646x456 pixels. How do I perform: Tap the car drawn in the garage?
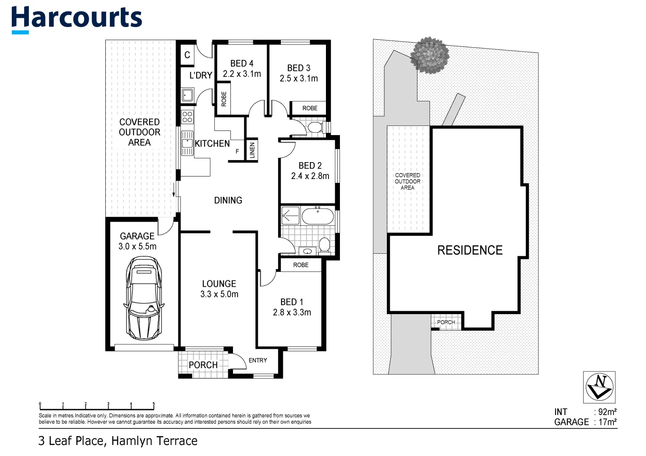[x=144, y=299]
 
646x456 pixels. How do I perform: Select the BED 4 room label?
[x=242, y=63]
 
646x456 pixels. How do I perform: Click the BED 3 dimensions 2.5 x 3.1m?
[x=298, y=79]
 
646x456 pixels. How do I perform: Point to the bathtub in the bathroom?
[x=317, y=216]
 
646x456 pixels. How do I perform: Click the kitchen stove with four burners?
[x=187, y=117]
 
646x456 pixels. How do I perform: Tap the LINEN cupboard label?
[x=252, y=150]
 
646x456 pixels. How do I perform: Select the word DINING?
[x=228, y=201]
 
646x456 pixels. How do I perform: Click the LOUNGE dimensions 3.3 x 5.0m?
[x=219, y=294]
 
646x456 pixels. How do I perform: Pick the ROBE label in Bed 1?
[x=301, y=265]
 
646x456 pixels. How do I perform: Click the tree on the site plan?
[x=430, y=55]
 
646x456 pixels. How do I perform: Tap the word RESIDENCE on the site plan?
[x=470, y=250]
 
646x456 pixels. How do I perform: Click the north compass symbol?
[x=599, y=387]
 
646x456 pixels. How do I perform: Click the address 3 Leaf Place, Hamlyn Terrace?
[x=118, y=441]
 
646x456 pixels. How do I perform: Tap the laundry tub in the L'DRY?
[x=187, y=95]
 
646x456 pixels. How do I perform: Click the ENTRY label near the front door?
[x=257, y=360]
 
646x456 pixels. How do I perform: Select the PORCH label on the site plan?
[x=446, y=322]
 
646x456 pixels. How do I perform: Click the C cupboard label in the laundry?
[x=187, y=55]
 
